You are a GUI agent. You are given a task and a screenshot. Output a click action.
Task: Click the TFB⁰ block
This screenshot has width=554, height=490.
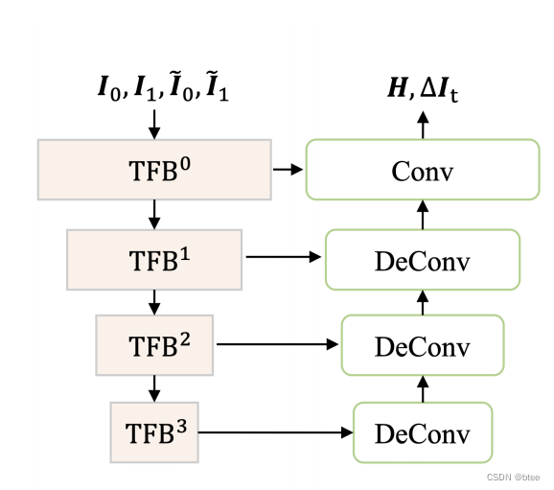[x=154, y=170]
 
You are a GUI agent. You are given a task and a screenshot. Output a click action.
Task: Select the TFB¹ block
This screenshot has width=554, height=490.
[x=154, y=259]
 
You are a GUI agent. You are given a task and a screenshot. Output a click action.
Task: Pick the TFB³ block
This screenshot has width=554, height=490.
[x=154, y=432]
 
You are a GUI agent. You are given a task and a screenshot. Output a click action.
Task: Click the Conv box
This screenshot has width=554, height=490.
[x=422, y=170]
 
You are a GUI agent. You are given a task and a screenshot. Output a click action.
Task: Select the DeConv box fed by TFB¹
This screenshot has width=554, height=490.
[x=422, y=259]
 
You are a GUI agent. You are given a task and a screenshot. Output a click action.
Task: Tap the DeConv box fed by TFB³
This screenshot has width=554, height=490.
[x=422, y=433]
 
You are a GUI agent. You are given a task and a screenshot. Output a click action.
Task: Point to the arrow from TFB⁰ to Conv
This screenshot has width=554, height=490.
[x=288, y=170]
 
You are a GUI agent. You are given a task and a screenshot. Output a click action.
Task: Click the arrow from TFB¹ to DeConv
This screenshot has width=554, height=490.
[x=284, y=257]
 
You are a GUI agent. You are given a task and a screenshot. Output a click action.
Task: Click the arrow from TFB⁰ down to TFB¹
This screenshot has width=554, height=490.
[x=154, y=215]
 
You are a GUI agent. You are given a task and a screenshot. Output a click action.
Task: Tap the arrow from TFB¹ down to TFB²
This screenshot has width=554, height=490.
[x=154, y=302]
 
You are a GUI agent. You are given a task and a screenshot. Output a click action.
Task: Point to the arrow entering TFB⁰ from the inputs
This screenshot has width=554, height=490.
[x=154, y=123]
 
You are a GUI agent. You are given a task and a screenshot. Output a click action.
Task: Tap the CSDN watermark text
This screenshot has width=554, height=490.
[x=514, y=477]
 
